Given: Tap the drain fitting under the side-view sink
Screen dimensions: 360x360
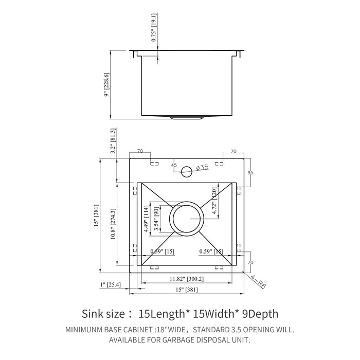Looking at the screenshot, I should [x=187, y=117].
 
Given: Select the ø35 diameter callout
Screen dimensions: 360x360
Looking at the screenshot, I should [x=202, y=167].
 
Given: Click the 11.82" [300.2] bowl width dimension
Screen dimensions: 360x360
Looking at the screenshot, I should [x=187, y=278].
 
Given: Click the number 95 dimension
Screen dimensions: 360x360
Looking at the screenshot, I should [x=250, y=172].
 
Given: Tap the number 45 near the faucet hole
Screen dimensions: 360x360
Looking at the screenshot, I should [x=173, y=166].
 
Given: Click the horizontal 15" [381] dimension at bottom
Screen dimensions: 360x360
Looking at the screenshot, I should [x=187, y=290].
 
